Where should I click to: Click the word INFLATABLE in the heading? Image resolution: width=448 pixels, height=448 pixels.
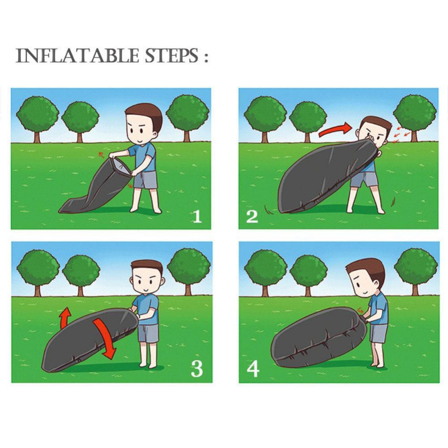(x=77, y=56)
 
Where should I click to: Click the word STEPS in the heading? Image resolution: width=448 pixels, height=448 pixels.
(x=172, y=56)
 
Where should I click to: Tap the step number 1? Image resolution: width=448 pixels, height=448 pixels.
(x=197, y=216)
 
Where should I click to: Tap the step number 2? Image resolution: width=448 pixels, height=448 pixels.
(x=252, y=216)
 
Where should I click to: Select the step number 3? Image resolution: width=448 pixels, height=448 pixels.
(x=197, y=369)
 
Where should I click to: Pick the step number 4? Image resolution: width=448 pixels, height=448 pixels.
(x=253, y=369)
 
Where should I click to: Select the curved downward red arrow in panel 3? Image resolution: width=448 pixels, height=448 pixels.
(x=105, y=339)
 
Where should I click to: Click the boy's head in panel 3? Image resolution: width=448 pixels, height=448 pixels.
(x=147, y=277)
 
